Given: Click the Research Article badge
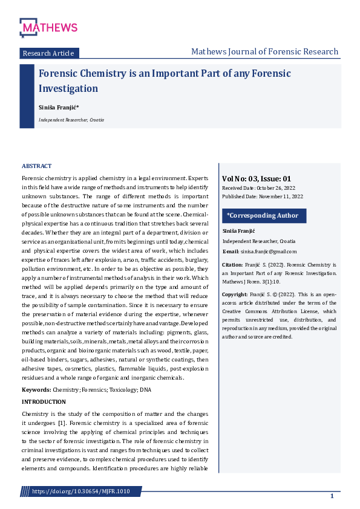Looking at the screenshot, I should coord(48,53).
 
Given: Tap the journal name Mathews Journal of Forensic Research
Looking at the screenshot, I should coord(264,52).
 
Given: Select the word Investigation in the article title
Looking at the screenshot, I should coord(68,89).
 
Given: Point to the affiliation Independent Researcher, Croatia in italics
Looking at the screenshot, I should coord(71,120).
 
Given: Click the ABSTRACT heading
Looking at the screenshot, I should coord(36,166).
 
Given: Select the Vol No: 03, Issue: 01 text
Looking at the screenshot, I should coord(257,179).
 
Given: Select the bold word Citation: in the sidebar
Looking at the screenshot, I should coord(232,265).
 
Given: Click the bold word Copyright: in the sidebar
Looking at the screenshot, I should coord(235,294).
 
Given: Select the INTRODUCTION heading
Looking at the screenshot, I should coord(44,402).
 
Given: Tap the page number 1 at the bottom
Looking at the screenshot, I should coord(332,496).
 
